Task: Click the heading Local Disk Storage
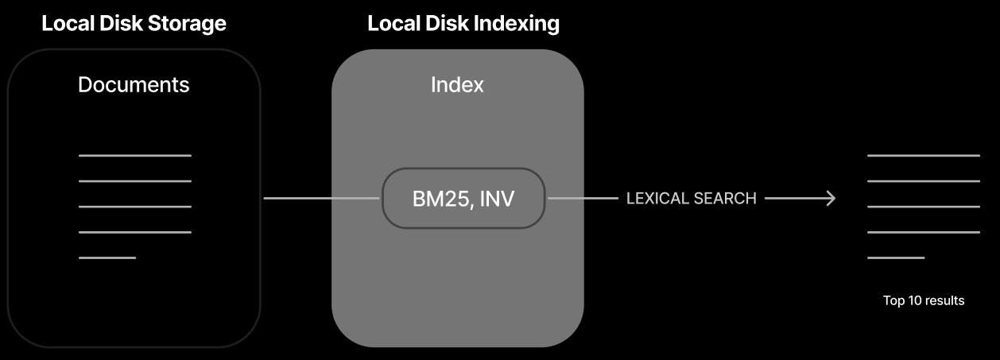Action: pyautogui.click(x=134, y=23)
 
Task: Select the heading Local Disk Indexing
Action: pyautogui.click(x=463, y=23)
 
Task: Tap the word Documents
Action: pyautogui.click(x=134, y=84)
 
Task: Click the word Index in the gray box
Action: pyautogui.click(x=457, y=84)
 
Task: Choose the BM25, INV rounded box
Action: pyautogui.click(x=463, y=198)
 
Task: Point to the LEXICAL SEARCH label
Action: pyautogui.click(x=691, y=198)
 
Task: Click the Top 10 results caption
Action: pyautogui.click(x=923, y=300)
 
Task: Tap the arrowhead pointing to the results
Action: pyautogui.click(x=830, y=198)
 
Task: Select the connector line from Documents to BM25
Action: pyautogui.click(x=321, y=198)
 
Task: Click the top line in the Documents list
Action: pyautogui.click(x=135, y=156)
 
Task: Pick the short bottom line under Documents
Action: pyautogui.click(x=107, y=257)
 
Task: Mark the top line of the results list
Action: pyautogui.click(x=923, y=156)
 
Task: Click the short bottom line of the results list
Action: pyautogui.click(x=896, y=257)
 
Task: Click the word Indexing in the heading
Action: pyautogui.click(x=517, y=23)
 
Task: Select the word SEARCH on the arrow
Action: pyautogui.click(x=724, y=198)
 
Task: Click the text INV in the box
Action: pyautogui.click(x=498, y=198)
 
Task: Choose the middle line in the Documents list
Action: pyautogui.click(x=135, y=207)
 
